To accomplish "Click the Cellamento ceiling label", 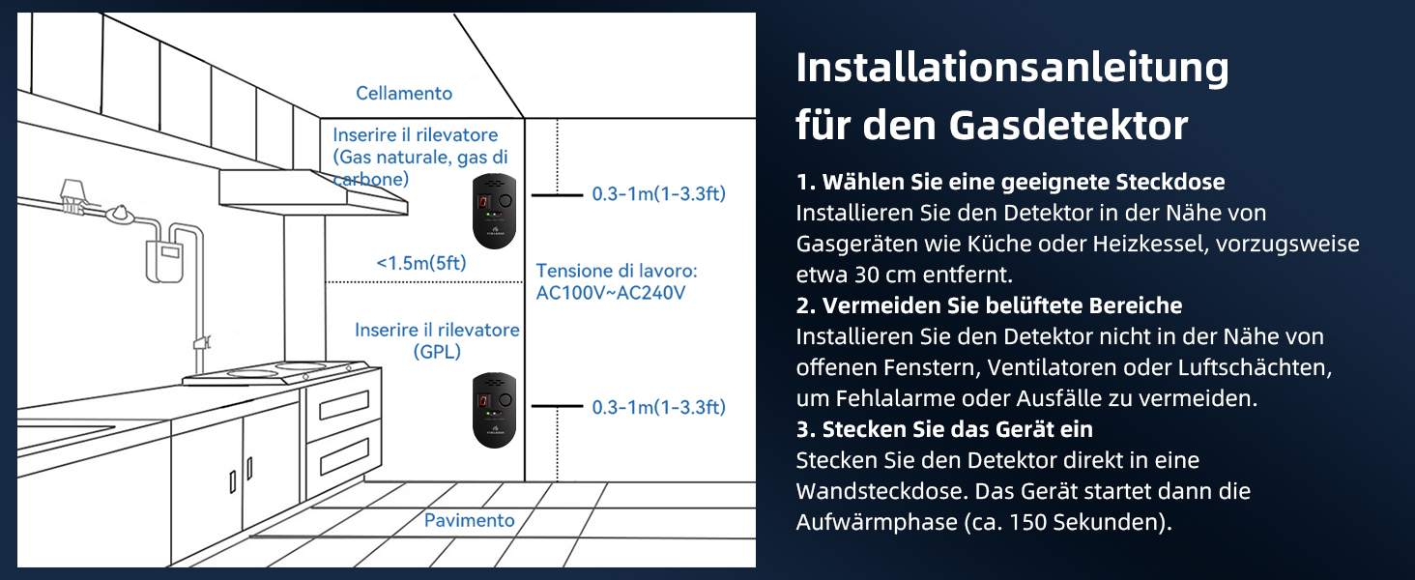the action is coord(404,94).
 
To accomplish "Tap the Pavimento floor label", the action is coord(470,521).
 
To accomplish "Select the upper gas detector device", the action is coord(495,211).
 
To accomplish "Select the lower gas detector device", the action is coord(495,410).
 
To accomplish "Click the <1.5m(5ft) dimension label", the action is coord(421,263).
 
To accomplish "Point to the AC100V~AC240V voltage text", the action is coord(611,293).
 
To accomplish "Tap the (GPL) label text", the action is coord(437,352).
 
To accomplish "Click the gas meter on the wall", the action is coord(165,261).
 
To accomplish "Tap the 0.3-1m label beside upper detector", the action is coord(659,194).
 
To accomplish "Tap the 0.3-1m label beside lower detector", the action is coord(659,408).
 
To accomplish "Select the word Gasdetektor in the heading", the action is coord(1069,125).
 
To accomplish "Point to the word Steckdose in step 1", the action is coord(1170,182).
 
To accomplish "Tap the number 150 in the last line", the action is coord(1027,523).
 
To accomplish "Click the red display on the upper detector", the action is coord(484,202).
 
